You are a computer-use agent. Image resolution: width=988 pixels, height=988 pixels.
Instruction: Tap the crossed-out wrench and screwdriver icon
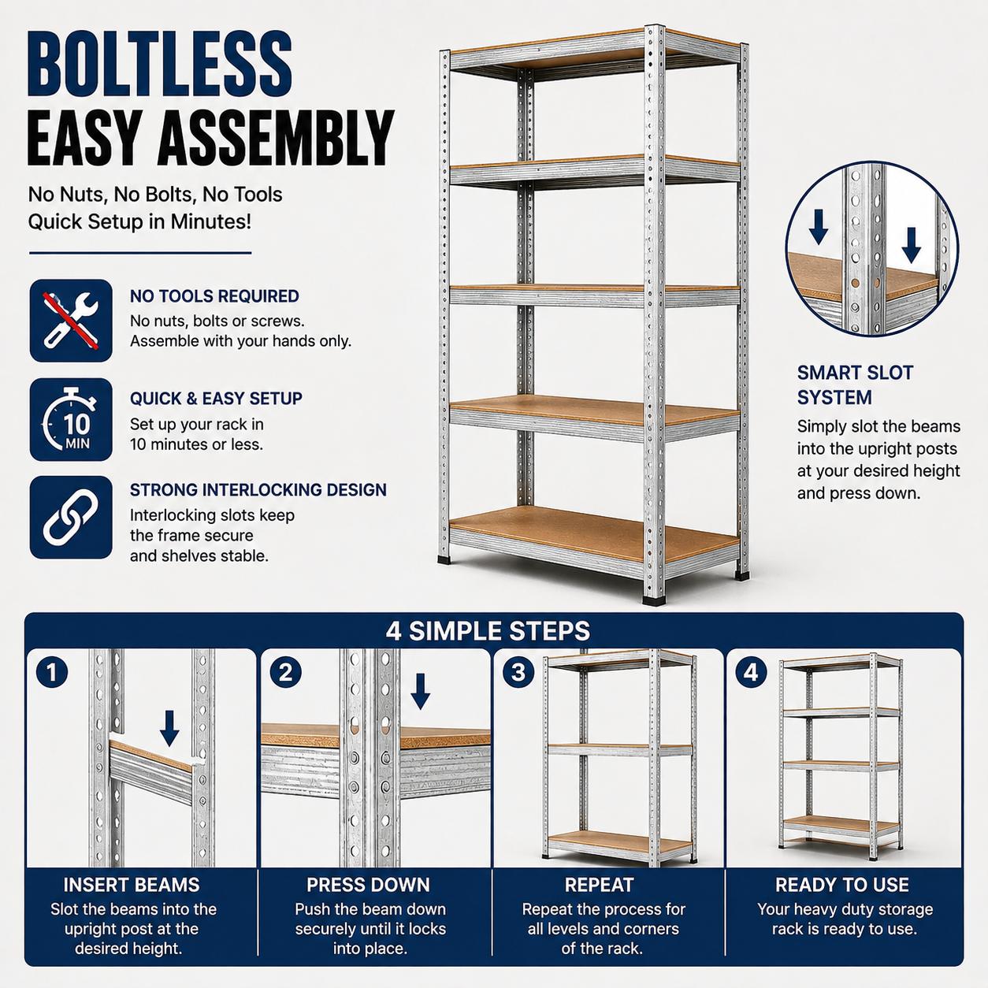coord(71,321)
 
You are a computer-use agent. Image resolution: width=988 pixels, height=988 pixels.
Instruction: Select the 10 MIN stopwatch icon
coord(71,419)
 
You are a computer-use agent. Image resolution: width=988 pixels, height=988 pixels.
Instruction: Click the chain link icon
coord(71,518)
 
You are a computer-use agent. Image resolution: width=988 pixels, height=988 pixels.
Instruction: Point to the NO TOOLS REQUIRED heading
coord(214,296)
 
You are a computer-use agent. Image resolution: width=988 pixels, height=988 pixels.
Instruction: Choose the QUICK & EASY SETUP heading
coord(216,399)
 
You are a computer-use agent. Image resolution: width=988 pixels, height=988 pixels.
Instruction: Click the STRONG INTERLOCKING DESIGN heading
coord(258,490)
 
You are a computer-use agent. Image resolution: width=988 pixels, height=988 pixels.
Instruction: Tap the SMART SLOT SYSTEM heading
coord(855,385)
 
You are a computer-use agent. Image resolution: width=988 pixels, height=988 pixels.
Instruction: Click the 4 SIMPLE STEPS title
coord(488,630)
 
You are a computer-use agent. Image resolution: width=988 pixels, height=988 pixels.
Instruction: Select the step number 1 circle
coord(52,672)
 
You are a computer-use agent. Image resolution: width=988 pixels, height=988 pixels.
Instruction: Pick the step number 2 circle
coord(285,672)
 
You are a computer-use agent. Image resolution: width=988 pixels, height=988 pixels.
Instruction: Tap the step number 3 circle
coord(518,672)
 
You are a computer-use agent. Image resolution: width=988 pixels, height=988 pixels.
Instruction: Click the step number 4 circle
coord(751,672)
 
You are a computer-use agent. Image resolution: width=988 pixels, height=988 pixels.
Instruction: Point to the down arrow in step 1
coord(169,728)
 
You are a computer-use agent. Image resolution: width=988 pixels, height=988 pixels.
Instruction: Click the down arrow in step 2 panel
coord(421,692)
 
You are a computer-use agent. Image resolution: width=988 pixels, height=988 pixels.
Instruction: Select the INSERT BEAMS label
coord(132,885)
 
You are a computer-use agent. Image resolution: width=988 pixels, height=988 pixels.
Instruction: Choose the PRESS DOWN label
coord(368,885)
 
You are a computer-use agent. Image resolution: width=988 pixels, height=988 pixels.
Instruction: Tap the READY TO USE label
coord(842,885)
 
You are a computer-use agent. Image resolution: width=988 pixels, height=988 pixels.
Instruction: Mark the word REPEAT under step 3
coord(599,885)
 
